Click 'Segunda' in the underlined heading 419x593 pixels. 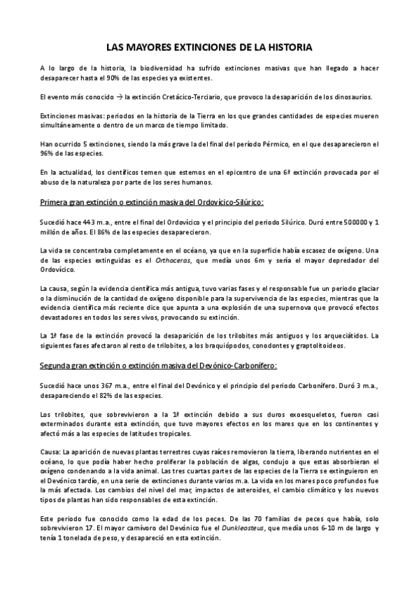57,364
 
